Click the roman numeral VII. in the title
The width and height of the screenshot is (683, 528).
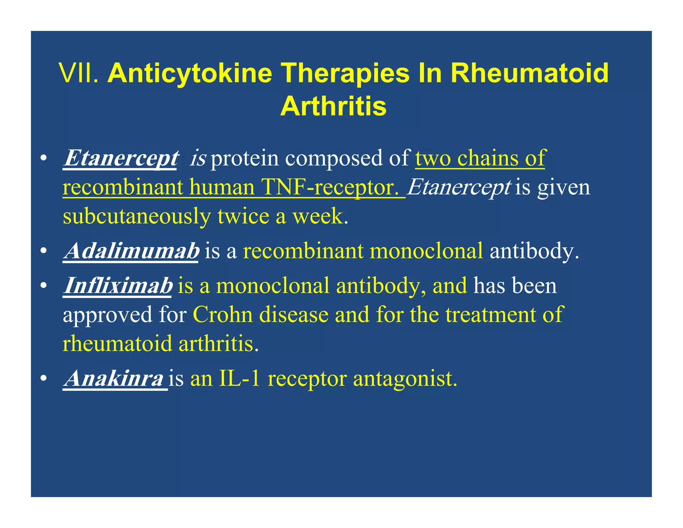[x=79, y=73]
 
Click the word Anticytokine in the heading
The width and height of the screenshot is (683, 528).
[x=190, y=73]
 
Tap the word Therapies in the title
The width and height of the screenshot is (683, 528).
[x=345, y=73]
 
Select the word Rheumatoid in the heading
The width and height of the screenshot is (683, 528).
[x=530, y=73]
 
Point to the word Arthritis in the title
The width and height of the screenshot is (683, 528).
[x=333, y=106]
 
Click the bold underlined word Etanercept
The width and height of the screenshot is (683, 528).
[x=121, y=158]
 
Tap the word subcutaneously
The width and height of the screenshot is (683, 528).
[x=136, y=216]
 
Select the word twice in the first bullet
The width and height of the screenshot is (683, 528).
[x=243, y=216]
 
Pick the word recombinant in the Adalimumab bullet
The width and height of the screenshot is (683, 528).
[x=303, y=251]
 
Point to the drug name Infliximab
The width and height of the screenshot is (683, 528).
[x=118, y=286]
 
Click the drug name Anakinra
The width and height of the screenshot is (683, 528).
[x=114, y=379]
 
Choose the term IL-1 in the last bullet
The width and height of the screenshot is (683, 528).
[x=239, y=379]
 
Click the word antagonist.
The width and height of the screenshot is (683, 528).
[x=405, y=379]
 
